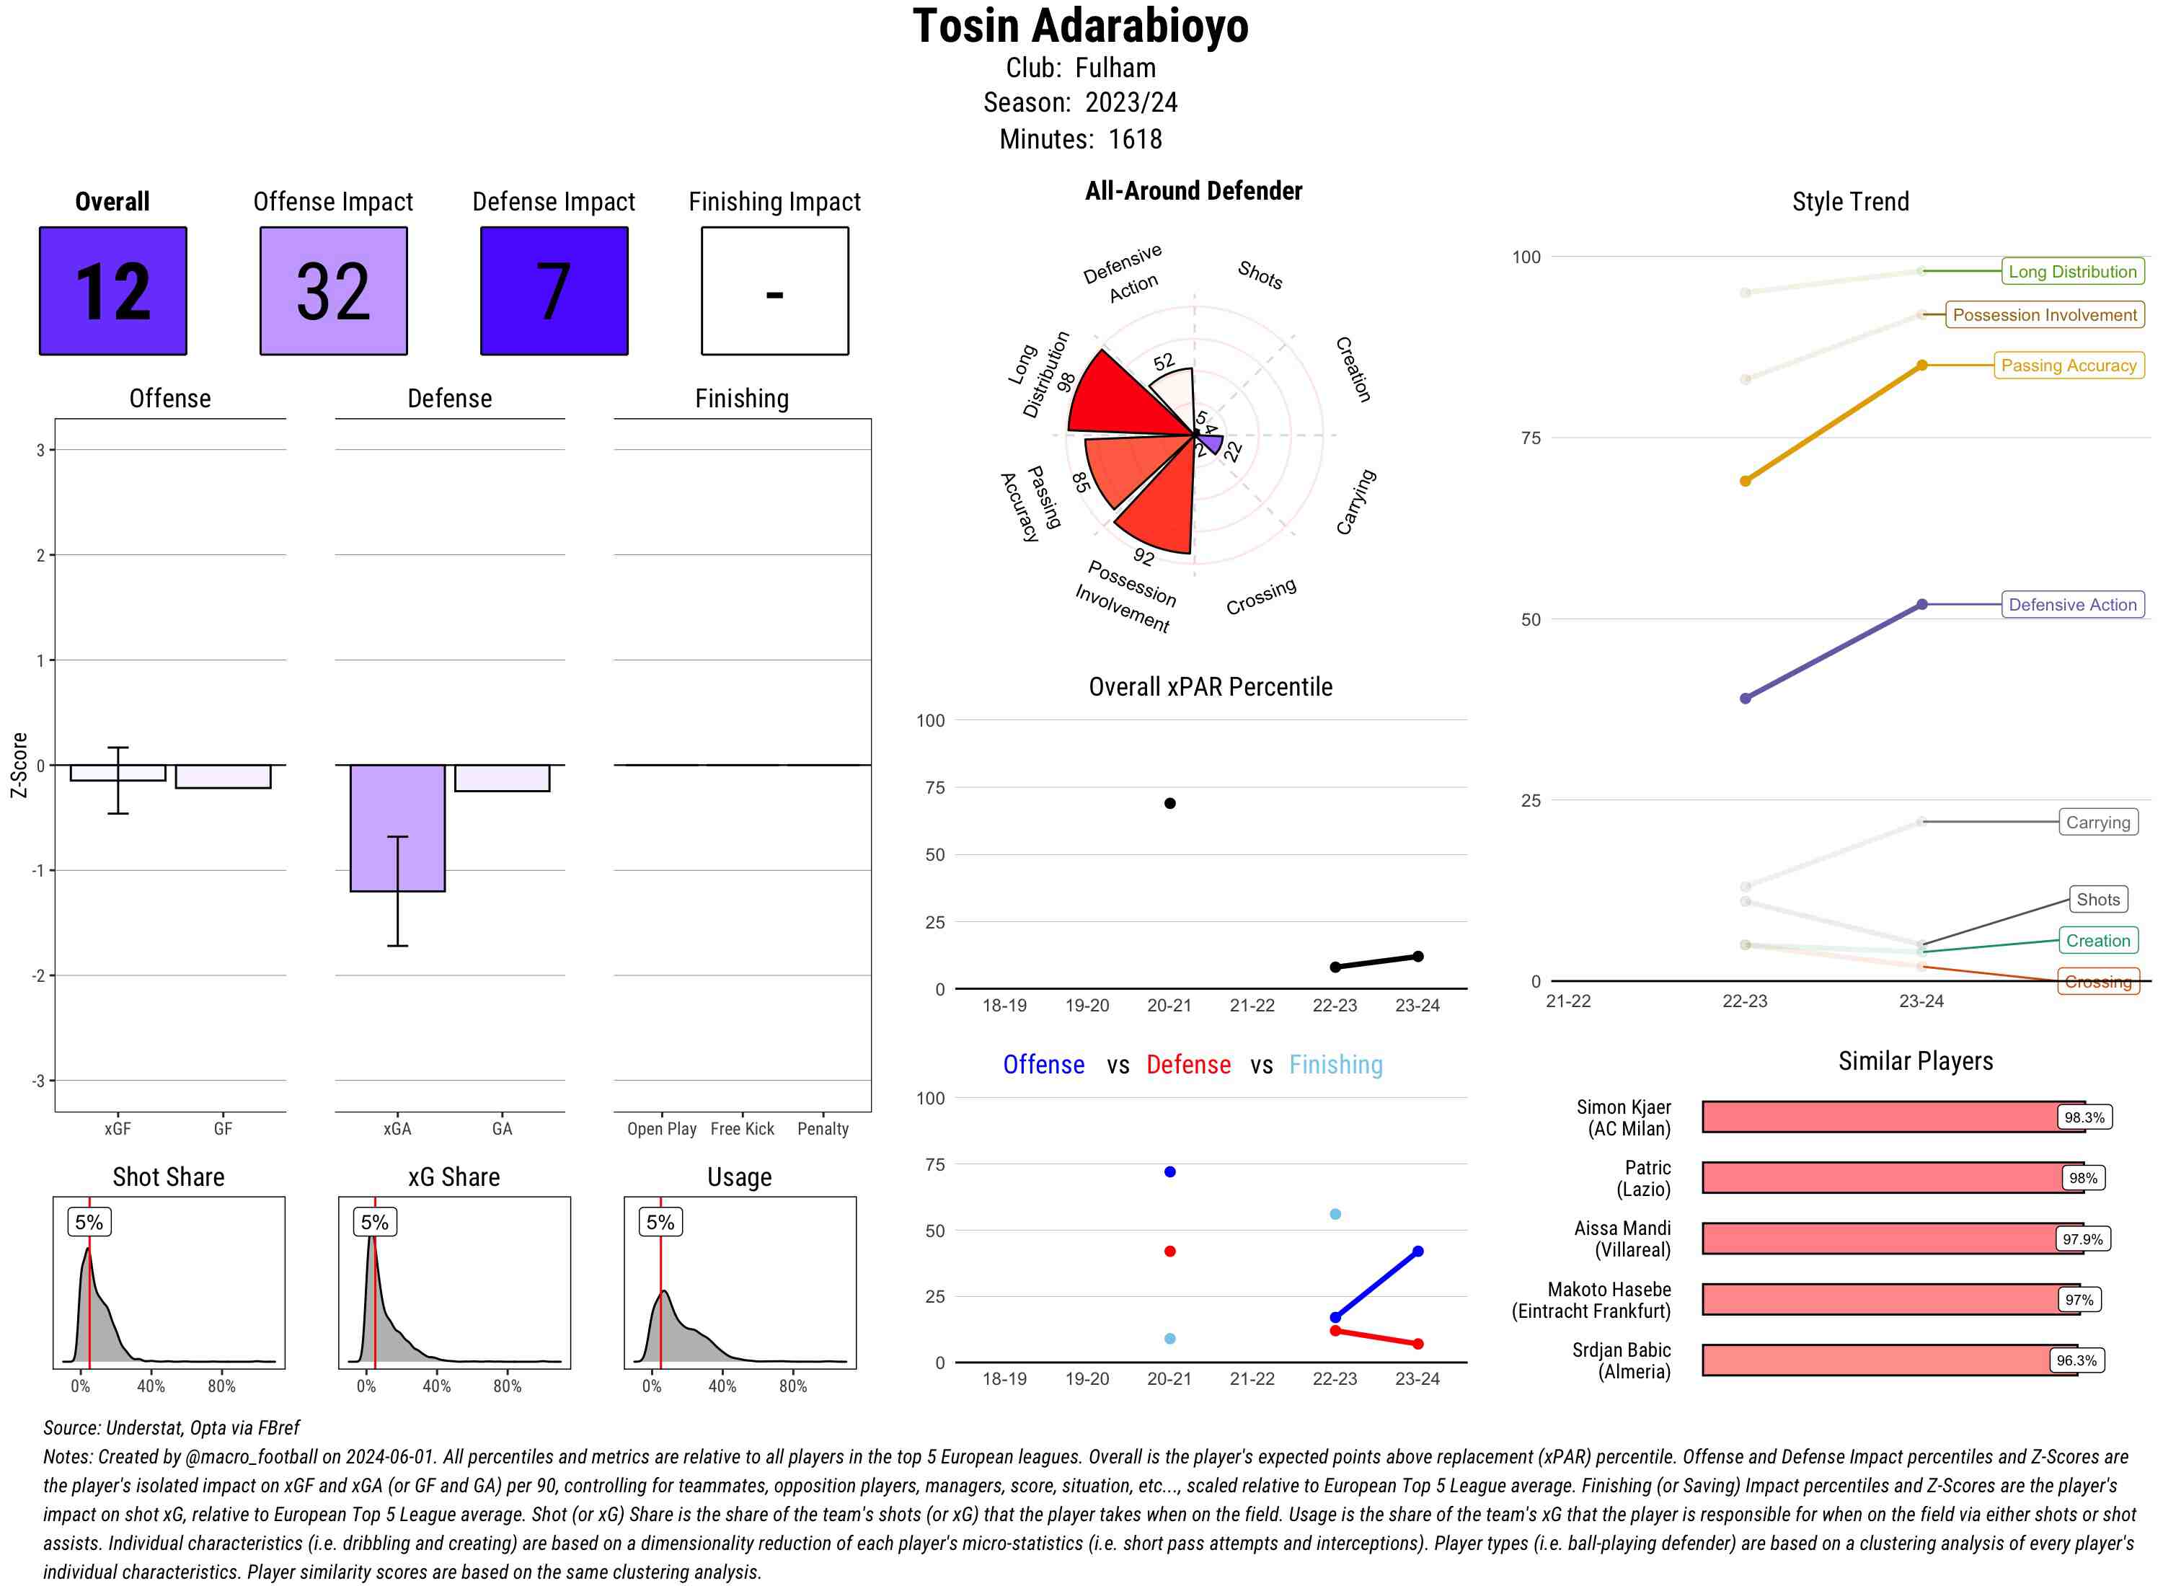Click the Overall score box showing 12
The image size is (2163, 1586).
tap(112, 291)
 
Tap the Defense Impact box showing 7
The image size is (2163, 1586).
tap(554, 291)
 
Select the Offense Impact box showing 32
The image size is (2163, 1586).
tap(333, 291)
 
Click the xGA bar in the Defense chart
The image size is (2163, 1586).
tap(397, 828)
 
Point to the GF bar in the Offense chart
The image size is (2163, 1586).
tap(223, 776)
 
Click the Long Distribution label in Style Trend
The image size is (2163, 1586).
tap(2072, 272)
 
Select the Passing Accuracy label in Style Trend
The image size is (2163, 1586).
tap(2068, 366)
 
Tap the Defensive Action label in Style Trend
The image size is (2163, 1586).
tap(2072, 605)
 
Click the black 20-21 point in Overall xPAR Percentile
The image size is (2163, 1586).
tap(1169, 804)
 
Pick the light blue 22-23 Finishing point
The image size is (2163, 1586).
tap(1335, 1215)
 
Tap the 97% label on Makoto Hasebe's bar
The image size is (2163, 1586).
tap(2079, 1300)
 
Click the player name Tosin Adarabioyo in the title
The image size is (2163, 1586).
tap(1080, 27)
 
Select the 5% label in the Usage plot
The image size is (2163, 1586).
tap(660, 1222)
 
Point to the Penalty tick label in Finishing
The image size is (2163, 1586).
tap(823, 1129)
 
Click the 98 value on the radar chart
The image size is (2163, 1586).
tap(1066, 381)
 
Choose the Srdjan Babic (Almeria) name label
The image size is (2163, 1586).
tap(1621, 1360)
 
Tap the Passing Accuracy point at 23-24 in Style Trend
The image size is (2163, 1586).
tap(1921, 366)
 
